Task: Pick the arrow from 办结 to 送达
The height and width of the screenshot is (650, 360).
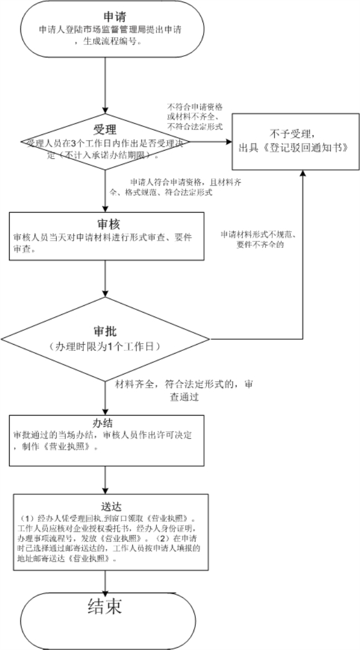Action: pyautogui.click(x=105, y=479)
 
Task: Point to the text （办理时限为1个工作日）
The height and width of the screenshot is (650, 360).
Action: pyautogui.click(x=105, y=347)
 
